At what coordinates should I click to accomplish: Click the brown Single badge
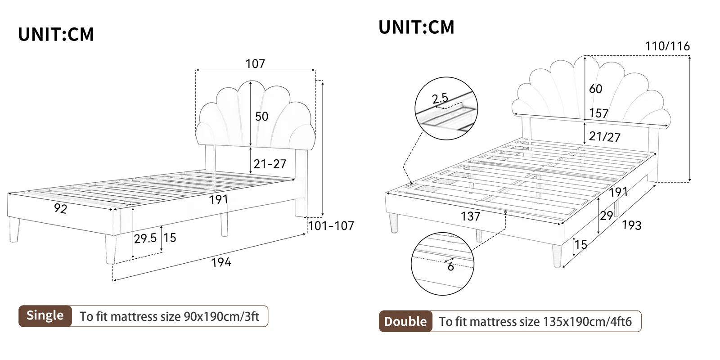[45, 315]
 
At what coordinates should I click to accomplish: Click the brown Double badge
[405, 321]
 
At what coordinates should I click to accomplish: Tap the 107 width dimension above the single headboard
[255, 64]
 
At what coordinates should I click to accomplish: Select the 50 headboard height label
[261, 116]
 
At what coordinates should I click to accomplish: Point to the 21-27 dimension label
[270, 164]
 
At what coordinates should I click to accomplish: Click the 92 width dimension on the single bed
[60, 209]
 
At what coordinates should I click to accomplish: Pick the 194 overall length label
[221, 262]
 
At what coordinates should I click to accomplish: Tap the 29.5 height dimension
[145, 238]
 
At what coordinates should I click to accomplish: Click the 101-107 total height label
[331, 225]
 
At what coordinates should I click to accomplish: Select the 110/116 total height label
[667, 46]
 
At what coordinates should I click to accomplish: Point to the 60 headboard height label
[595, 89]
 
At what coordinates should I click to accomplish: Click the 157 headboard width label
[598, 113]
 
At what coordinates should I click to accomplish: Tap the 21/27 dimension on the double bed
[604, 136]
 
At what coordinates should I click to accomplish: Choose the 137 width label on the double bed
[470, 216]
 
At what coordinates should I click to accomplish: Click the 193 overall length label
[631, 225]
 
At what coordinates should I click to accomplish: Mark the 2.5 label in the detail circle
[440, 98]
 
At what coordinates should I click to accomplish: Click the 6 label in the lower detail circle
[450, 267]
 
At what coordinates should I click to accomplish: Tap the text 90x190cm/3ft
[221, 316]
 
